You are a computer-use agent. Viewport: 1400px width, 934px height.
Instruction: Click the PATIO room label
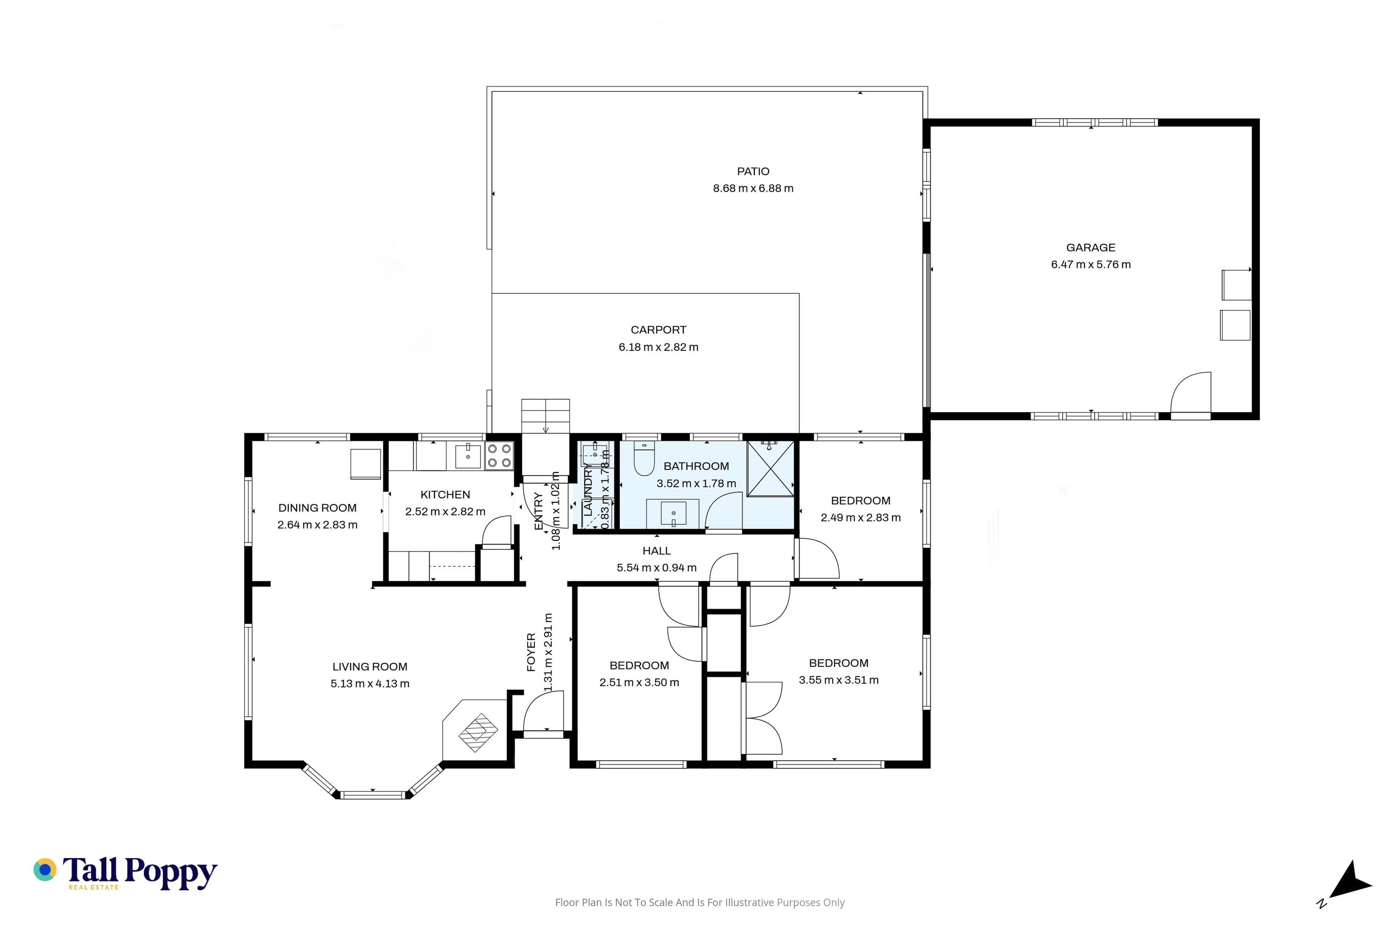tap(753, 171)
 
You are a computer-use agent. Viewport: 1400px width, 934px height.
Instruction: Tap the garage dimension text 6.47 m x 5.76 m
tap(1090, 265)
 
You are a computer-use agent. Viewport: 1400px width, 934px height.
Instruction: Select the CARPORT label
tap(658, 330)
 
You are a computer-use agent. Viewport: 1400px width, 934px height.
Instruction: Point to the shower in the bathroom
tap(770, 468)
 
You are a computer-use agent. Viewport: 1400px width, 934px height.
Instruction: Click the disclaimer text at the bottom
tap(699, 902)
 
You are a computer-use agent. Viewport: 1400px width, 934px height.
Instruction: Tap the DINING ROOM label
tap(317, 508)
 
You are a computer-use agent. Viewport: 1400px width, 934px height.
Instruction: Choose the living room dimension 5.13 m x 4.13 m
tap(370, 684)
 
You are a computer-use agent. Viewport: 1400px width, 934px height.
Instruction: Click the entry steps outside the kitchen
tap(545, 416)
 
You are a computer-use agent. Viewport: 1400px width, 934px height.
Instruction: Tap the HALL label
tap(657, 551)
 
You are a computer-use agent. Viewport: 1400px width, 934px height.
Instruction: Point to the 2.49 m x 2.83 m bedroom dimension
tap(861, 518)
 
